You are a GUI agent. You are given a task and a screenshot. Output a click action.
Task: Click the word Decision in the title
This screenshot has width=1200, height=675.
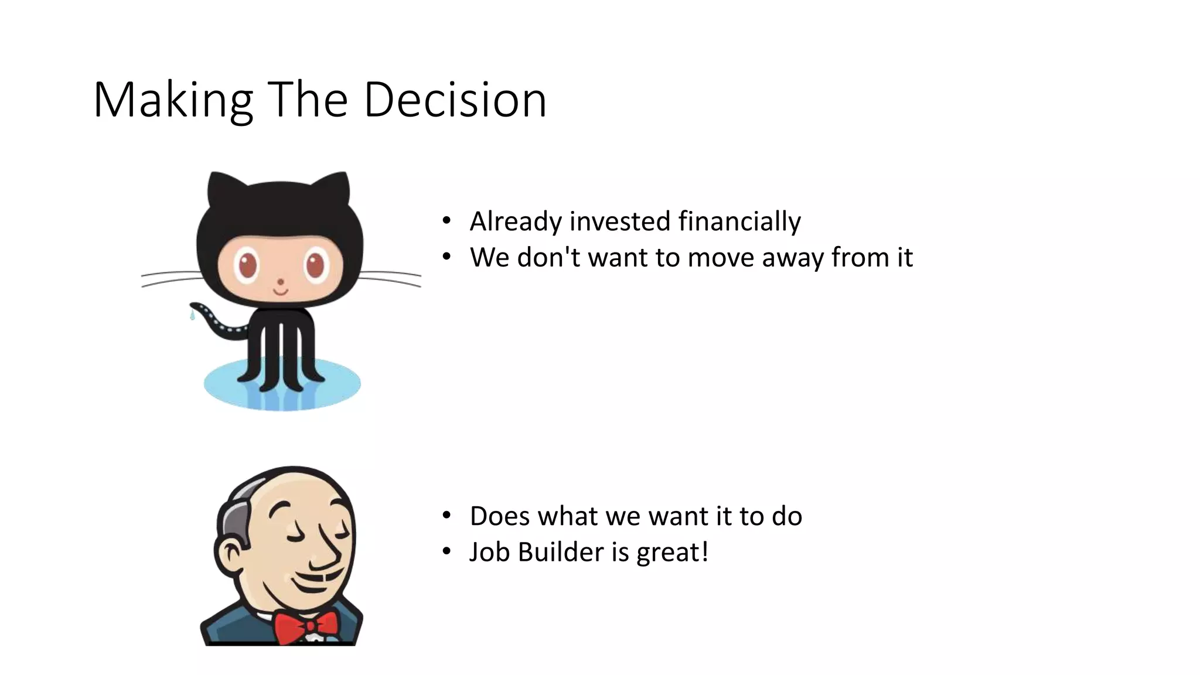click(455, 100)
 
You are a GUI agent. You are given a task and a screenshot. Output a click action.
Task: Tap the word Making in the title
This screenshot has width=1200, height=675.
click(173, 100)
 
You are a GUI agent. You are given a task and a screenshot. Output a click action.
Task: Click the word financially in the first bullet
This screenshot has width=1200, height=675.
click(739, 221)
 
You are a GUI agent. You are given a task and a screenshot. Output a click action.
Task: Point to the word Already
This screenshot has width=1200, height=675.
click(516, 221)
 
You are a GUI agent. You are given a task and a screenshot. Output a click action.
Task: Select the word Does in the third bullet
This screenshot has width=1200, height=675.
click(500, 516)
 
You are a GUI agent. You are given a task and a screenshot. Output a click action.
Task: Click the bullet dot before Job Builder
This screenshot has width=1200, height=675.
click(447, 551)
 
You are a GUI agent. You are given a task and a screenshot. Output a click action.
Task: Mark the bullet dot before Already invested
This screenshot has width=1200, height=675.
click(447, 221)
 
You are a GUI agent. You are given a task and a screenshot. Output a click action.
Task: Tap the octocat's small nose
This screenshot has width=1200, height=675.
click(280, 282)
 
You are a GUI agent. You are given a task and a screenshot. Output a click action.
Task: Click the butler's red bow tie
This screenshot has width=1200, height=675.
click(306, 625)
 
